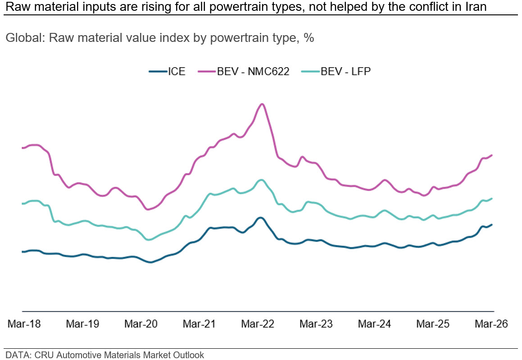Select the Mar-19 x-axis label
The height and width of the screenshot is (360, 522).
[82, 324]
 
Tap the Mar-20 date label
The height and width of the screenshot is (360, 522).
[141, 324]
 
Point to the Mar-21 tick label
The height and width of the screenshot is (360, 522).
[199, 324]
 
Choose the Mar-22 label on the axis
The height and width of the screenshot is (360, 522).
[258, 324]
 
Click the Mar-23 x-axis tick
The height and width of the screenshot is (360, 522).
[316, 324]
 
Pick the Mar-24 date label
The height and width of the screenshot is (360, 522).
[374, 324]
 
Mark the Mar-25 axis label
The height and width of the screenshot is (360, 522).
[433, 324]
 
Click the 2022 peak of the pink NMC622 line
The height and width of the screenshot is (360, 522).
[262, 104]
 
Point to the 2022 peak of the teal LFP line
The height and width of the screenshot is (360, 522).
[261, 180]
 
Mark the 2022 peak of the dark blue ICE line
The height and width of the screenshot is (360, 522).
[260, 218]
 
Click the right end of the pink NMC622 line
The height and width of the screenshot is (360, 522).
[492, 155]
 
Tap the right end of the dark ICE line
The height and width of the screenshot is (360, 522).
[492, 224]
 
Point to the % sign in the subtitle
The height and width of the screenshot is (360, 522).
[309, 38]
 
